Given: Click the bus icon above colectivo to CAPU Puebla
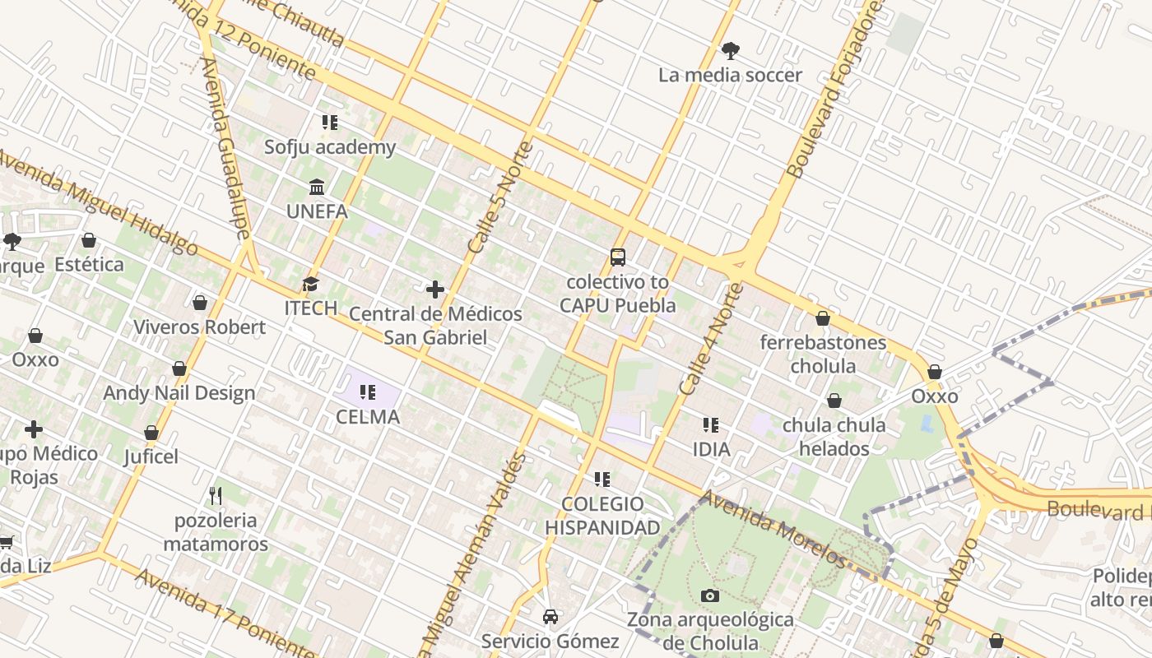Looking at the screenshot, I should coord(618,257).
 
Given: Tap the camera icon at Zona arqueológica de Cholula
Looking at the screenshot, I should coord(709,595).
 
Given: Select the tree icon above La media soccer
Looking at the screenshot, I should coord(730,51).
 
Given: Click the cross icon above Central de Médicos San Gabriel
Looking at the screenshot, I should coord(435,290).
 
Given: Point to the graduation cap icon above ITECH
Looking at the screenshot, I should coord(310,284).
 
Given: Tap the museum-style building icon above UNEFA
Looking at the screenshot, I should coord(317,188).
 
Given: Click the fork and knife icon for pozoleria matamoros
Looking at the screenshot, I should coord(216,495).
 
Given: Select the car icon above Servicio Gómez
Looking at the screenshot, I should coord(550,616).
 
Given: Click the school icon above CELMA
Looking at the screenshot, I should coord(368,392).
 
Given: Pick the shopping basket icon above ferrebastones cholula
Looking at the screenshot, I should coord(822,318).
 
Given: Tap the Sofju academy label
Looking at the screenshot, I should coord(330,147).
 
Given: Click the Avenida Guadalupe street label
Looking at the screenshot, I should coord(224,148).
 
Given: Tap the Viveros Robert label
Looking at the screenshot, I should coord(199,327).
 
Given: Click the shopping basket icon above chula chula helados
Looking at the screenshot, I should coord(834,401).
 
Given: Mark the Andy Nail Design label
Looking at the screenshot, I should coord(179,392).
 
